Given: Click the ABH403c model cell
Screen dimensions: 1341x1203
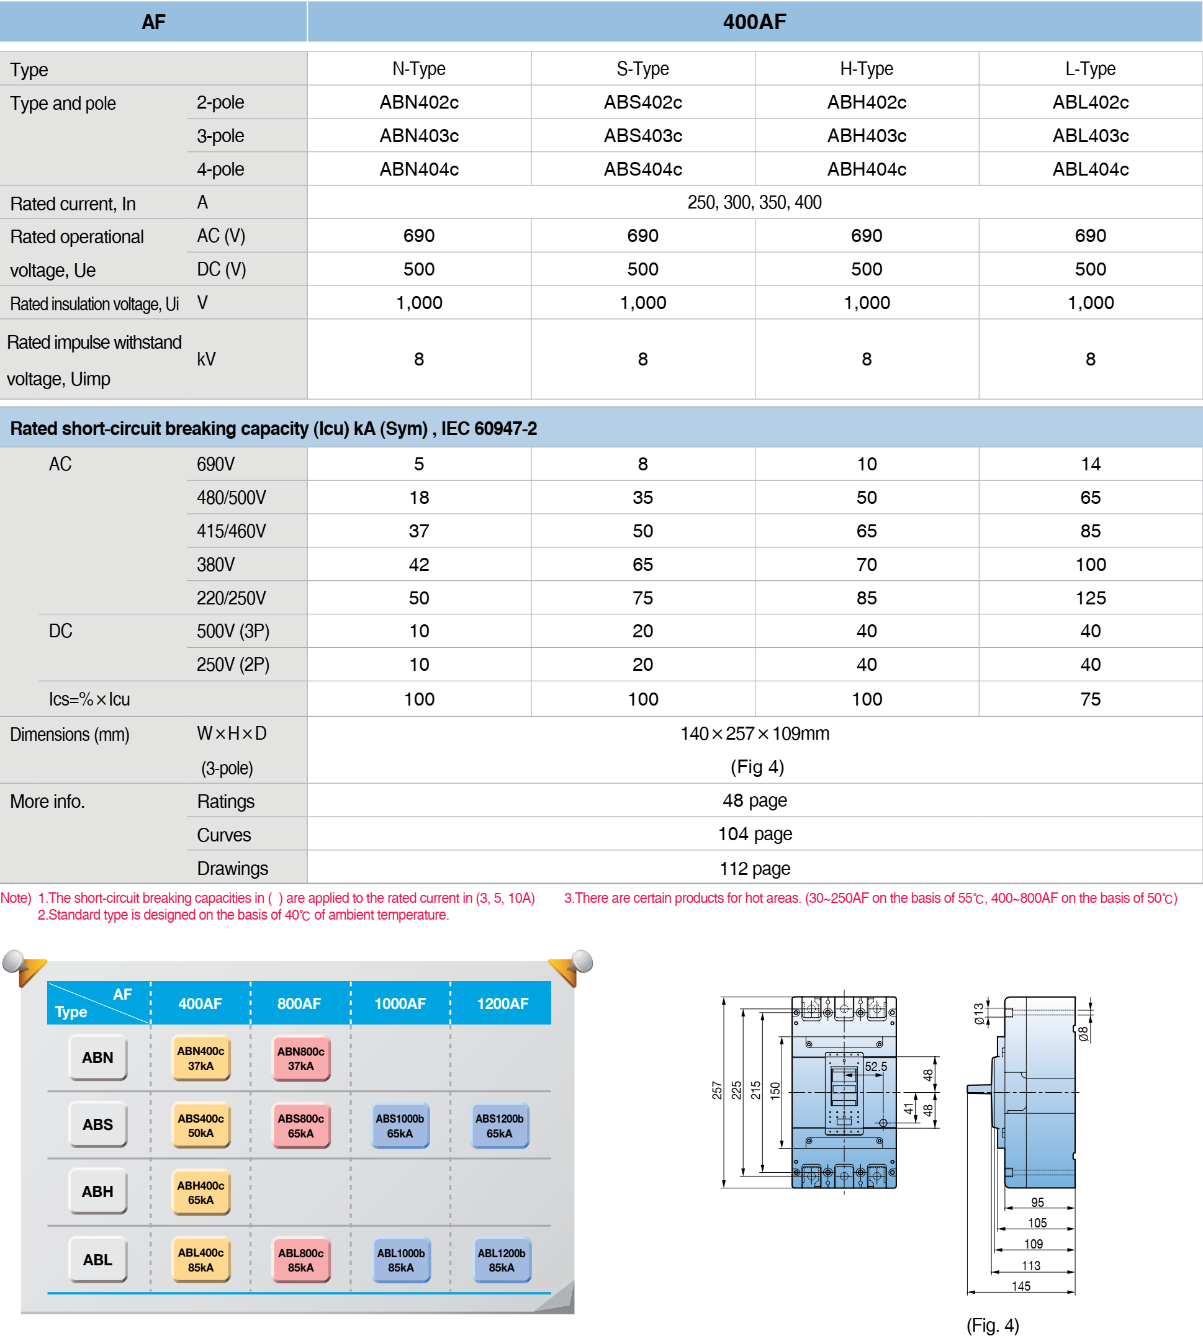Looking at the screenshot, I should pos(866,135).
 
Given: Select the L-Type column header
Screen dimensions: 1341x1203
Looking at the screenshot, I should pos(1090,69).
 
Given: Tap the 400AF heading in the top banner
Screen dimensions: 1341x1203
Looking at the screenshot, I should pos(754,22).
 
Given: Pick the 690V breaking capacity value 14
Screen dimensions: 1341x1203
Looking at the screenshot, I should pos(1090,464).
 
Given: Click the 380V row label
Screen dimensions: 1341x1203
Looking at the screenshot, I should pos(215,565).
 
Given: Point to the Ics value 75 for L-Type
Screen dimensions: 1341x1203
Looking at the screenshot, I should pos(1090,699).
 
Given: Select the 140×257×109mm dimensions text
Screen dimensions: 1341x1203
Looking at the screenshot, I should pos(754,733).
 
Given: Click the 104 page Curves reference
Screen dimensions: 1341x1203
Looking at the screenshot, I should pos(754,834).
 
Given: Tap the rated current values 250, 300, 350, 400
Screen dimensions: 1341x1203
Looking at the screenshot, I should pos(754,202).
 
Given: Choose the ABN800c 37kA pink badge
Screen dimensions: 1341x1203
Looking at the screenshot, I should pos(300,1058).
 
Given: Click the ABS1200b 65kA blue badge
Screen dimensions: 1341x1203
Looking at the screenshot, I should pos(500,1126).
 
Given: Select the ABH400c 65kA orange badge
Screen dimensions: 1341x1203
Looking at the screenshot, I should pos(200,1192).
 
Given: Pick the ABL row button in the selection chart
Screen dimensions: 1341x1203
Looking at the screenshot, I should pos(98,1260).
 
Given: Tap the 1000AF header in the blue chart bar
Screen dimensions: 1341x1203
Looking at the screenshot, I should pos(400,1003).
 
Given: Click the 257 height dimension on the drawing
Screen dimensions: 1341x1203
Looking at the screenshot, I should pos(716,1090).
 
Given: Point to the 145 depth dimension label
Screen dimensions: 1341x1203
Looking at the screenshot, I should pos(1021,1286).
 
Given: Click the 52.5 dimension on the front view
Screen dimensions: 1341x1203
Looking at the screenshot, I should pos(876,1066).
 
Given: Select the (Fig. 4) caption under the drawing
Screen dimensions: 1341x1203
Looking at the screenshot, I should pos(992,1325).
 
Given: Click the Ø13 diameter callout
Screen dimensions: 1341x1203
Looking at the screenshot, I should pos(978,1013).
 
